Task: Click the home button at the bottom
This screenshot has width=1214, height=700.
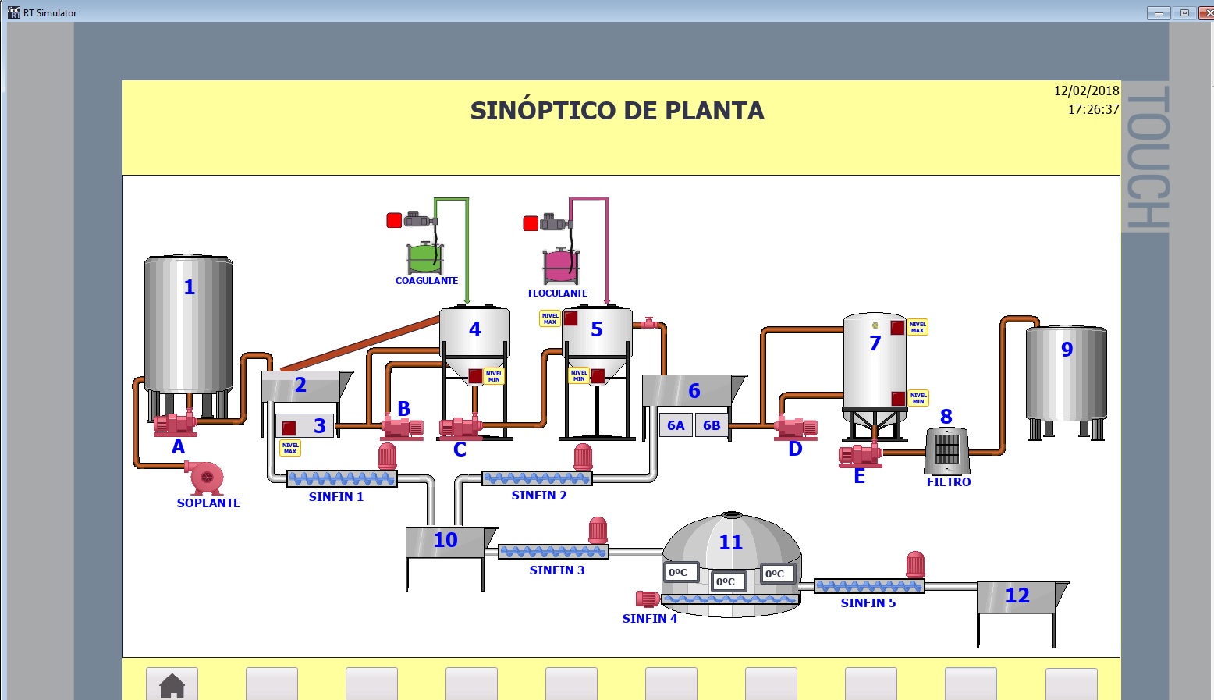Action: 172,684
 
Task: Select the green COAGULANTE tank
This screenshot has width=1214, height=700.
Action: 425,258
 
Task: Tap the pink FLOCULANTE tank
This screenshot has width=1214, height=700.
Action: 561,265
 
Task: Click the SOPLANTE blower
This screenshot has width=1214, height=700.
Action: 204,477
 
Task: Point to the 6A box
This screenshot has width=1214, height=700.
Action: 676,425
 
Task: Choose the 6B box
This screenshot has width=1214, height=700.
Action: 712,425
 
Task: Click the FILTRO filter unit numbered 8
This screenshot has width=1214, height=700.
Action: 947,450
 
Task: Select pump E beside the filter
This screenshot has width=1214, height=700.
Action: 860,455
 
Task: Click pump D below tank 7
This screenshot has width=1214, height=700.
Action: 796,428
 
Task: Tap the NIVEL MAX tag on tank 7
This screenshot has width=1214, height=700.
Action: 918,327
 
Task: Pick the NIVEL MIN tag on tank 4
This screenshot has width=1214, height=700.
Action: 494,376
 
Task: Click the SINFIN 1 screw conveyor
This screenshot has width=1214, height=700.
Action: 342,479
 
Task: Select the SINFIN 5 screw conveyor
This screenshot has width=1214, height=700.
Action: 869,586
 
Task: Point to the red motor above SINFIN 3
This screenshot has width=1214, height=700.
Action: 598,530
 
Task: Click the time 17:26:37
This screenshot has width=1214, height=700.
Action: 1093,109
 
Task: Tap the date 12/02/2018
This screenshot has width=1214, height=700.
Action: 1086,91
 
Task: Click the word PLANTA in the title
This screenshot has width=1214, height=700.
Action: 715,111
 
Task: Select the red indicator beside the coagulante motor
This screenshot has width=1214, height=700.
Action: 394,220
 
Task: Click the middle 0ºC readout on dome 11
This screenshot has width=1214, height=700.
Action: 729,582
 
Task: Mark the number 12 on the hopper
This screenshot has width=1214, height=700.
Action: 1017,595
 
